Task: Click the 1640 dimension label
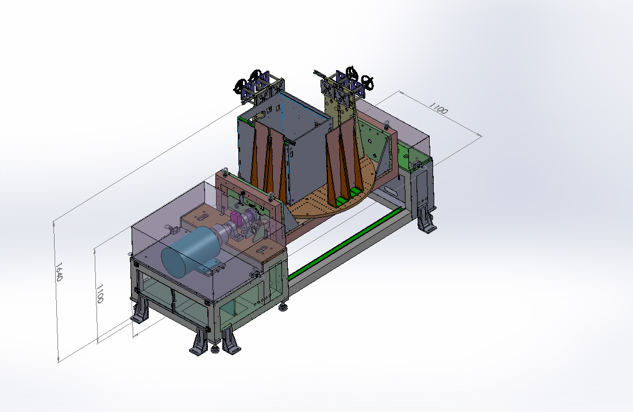[59, 272]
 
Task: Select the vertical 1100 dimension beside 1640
[100, 294]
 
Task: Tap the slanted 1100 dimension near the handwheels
[438, 108]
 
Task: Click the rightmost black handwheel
[368, 82]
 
